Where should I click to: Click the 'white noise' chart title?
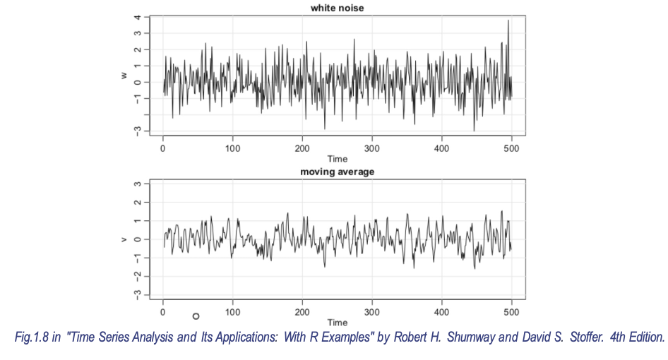point(337,8)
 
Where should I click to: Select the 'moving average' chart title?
point(337,172)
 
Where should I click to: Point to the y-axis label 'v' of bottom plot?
point(124,239)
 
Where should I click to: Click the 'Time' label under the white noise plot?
point(337,160)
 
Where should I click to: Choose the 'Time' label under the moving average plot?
point(337,323)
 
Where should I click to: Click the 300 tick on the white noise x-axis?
point(372,149)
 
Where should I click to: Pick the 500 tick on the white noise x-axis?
point(512,149)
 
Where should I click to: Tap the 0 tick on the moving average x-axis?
point(163,312)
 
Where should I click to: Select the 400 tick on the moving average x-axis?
point(442,312)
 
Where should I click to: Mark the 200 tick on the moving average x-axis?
point(302,312)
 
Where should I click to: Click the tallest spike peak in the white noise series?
point(508,21)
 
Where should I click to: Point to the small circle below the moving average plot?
point(196,316)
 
